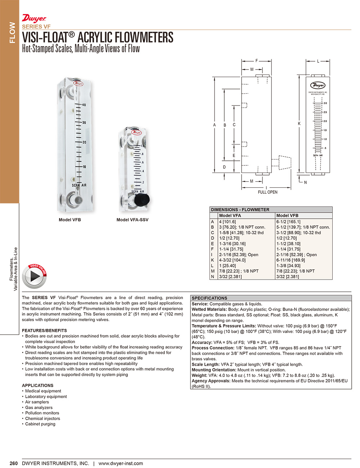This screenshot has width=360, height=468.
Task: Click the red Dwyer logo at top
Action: click(34, 18)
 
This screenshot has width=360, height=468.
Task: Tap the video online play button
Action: click(35, 276)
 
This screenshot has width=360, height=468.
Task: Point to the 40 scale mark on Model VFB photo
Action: click(84, 105)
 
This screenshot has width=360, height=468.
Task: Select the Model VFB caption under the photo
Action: click(70, 220)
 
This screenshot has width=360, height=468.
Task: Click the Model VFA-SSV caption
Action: click(132, 220)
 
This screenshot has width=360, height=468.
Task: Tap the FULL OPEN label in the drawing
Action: click(267, 192)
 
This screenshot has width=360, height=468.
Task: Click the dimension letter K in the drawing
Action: click(299, 124)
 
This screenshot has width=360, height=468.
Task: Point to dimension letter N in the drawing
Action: click(305, 182)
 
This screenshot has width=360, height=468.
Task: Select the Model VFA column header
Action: click(230, 215)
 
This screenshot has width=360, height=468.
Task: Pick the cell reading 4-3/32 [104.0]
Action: click(232, 260)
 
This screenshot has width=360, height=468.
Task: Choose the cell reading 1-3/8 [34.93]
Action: click(288, 266)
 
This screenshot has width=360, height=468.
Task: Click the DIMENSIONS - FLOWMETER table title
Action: click(240, 210)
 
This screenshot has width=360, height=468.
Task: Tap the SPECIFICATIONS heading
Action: click(210, 298)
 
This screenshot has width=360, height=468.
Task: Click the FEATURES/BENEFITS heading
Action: click(44, 330)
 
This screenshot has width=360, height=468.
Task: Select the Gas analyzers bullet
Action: click(39, 407)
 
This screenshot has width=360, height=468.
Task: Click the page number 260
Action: click(14, 463)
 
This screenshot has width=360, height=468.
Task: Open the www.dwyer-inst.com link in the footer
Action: click(121, 463)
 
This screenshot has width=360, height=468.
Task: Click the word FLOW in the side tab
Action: click(13, 32)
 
